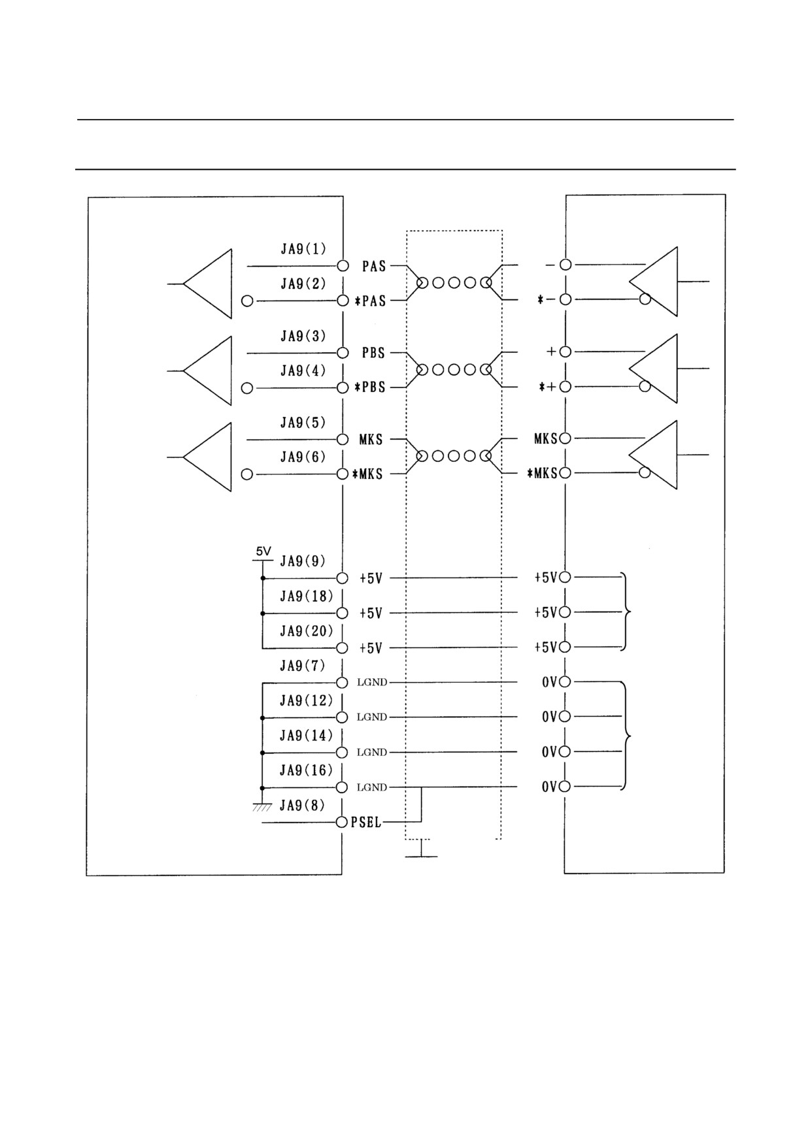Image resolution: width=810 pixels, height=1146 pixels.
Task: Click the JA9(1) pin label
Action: pos(303,249)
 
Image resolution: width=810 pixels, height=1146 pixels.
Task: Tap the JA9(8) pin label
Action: pos(302,806)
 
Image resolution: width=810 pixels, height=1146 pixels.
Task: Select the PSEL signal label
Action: pos(366,823)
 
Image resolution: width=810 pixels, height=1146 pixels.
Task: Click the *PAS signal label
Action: pos(370,301)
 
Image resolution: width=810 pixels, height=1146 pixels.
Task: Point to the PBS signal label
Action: pos(374,353)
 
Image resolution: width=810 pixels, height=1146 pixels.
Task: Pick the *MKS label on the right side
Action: pos(542,473)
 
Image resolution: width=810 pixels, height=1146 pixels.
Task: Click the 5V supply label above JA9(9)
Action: pos(263,551)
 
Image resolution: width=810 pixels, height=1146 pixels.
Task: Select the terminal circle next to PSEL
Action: pos(342,822)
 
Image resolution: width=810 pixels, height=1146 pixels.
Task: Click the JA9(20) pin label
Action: pos(307,631)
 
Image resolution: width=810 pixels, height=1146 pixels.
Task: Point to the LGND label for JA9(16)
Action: pos(372,787)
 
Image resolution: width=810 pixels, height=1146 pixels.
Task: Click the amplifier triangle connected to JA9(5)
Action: pos(207,457)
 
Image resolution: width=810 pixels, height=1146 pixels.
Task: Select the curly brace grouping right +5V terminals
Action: pos(626,612)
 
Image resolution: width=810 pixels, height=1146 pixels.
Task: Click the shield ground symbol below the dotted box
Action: pos(421,850)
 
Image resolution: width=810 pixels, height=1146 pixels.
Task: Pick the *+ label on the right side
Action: pos(547,387)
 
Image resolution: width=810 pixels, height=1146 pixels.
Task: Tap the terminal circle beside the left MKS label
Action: pos(342,439)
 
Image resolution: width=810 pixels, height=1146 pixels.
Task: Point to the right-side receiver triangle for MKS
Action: pos(653,455)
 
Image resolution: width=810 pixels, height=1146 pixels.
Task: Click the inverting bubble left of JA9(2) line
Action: pos(247,301)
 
